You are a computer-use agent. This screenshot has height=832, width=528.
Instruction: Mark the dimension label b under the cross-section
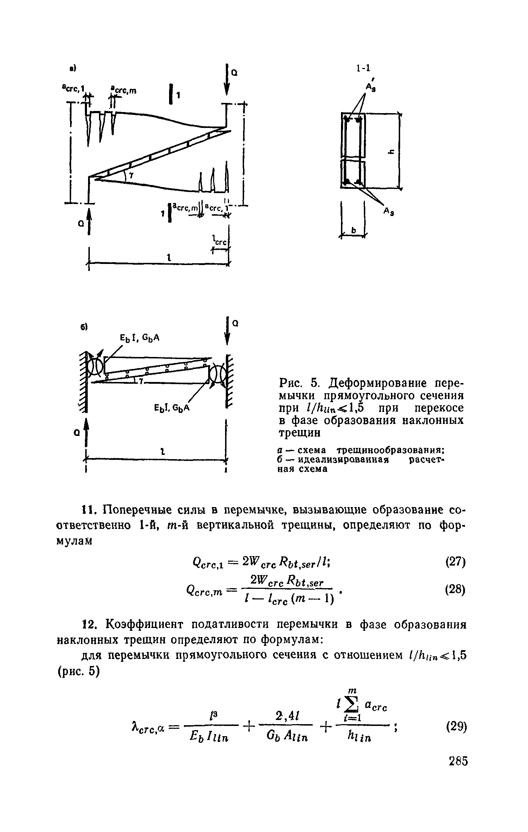(x=354, y=231)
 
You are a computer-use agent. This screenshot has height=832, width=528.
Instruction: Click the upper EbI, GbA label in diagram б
(x=140, y=338)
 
